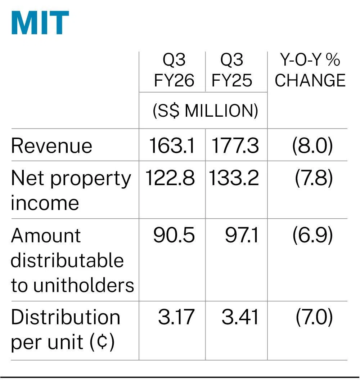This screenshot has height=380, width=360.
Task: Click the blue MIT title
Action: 40,23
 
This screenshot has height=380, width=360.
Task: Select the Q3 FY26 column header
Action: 174,70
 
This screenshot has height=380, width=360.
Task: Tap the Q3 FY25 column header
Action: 231,70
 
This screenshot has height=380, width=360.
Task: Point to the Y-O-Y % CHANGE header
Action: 310,70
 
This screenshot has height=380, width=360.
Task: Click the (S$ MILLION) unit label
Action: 205,111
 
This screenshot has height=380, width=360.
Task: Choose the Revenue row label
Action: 51,146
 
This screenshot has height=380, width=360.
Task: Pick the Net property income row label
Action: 71,190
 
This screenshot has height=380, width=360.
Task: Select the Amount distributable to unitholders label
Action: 72,260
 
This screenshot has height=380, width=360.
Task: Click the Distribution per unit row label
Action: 66,330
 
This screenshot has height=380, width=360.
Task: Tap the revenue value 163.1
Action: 171,146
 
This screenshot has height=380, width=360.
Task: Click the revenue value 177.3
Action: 235,146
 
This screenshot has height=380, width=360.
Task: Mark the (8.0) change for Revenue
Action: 312,146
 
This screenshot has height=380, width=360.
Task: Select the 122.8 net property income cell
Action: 170,178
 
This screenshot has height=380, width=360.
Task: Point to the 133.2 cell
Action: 234,178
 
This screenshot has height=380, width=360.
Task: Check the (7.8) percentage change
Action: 314,178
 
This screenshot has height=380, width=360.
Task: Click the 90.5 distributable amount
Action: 174,235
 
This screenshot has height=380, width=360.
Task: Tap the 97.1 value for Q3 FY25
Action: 242,235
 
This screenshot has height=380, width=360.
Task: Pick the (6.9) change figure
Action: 312,235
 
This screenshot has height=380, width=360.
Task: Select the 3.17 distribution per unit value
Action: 176,317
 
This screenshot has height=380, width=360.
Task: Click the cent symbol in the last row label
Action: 102,341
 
